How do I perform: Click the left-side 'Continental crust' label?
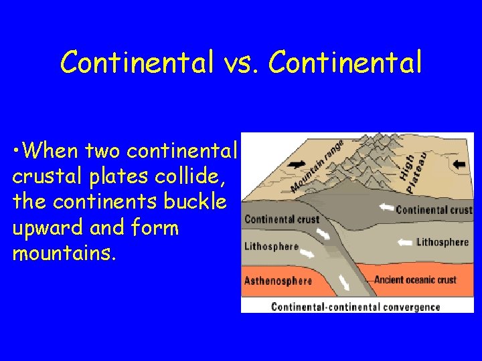[281, 219]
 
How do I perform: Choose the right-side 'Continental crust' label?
[434, 209]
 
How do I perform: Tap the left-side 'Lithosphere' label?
[271, 246]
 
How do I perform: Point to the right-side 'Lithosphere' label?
[443, 241]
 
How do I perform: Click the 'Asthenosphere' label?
[278, 280]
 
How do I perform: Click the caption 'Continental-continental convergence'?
[355, 307]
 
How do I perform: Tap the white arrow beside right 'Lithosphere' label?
[404, 242]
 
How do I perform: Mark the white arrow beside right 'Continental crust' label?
[386, 208]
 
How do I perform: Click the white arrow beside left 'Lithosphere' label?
[307, 253]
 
